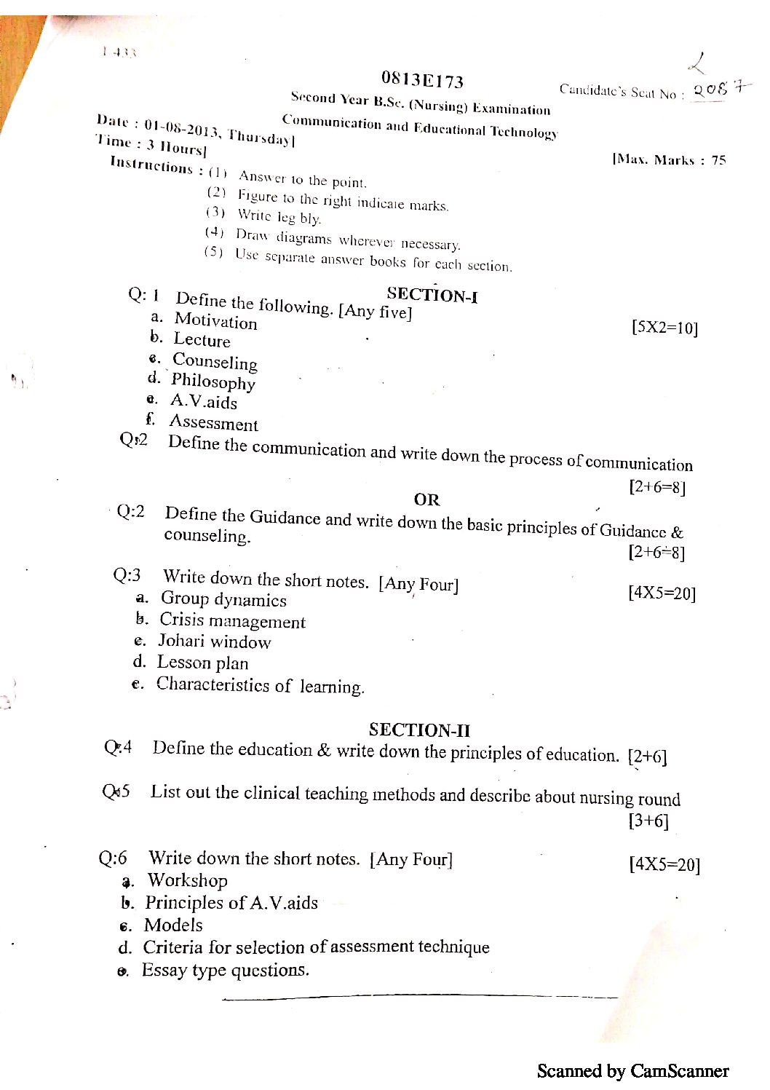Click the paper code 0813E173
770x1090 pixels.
coord(422,79)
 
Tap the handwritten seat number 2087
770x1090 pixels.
coord(720,89)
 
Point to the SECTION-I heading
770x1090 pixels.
coord(432,295)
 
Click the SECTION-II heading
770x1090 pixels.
coord(419,730)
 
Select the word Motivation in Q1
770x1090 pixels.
coord(216,320)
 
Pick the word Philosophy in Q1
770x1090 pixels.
coord(213,381)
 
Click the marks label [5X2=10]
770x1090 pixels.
coord(664,328)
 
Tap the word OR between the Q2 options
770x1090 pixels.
coord(426,499)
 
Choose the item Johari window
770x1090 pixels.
coord(215,641)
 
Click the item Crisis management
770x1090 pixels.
coord(232,620)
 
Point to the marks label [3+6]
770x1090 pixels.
coord(648,821)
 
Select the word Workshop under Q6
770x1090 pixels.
coord(188,880)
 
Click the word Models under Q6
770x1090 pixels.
coord(173,925)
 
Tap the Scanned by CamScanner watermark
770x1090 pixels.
coord(632,1071)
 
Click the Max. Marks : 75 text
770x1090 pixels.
coord(670,159)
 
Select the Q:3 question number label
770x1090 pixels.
coord(127,575)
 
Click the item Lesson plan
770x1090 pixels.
coord(202,663)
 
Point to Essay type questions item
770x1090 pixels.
coord(226,971)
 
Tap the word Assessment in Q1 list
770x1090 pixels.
coord(213,423)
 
